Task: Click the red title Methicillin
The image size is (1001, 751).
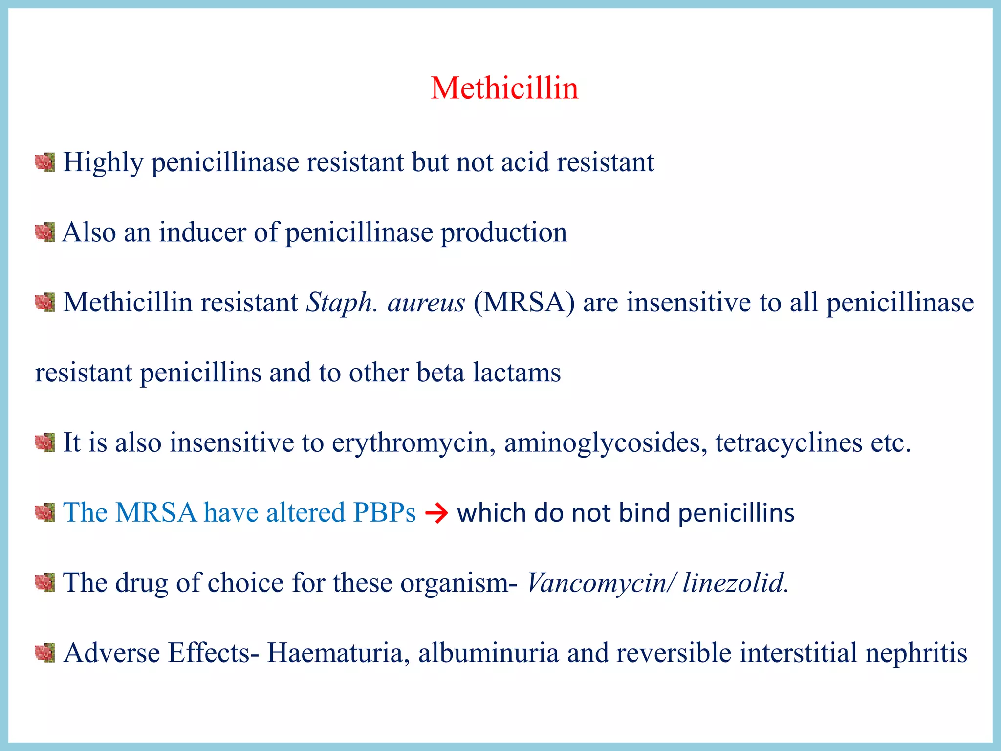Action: pyautogui.click(x=504, y=88)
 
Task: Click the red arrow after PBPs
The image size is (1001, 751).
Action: pyautogui.click(x=436, y=514)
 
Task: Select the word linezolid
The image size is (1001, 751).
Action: pyautogui.click(x=734, y=583)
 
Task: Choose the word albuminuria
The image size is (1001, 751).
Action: pyautogui.click(x=488, y=653)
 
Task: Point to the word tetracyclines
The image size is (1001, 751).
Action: pyautogui.click(x=789, y=443)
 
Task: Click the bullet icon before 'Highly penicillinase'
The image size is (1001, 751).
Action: pyautogui.click(x=45, y=162)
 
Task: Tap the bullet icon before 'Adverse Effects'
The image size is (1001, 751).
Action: pyautogui.click(x=45, y=653)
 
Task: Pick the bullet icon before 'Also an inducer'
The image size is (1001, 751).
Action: pyautogui.click(x=45, y=232)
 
